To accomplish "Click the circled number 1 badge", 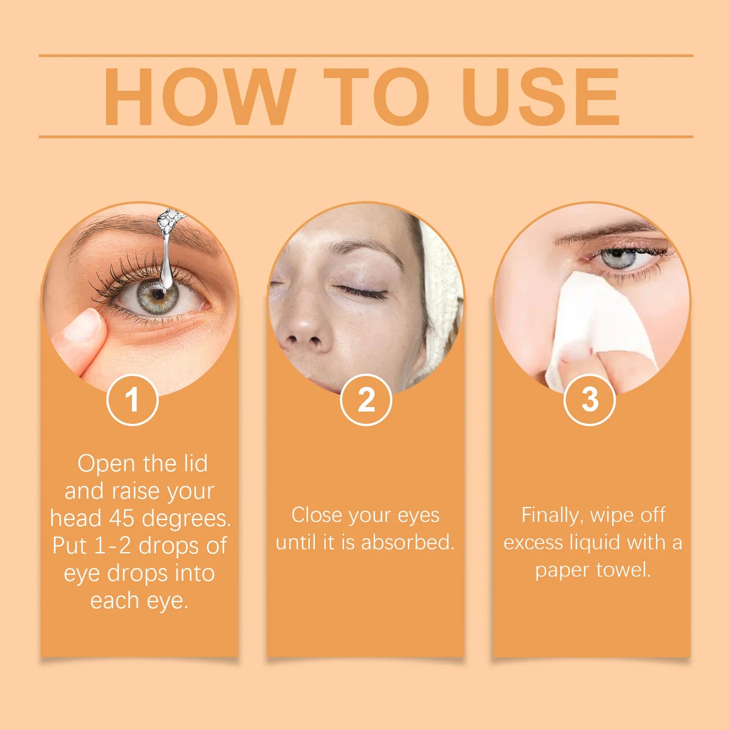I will (132, 400).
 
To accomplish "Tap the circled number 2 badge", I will (366, 400).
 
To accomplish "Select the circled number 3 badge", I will (589, 400).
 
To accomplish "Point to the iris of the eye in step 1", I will (157, 296).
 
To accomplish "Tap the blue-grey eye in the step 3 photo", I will (619, 259).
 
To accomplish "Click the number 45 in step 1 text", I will (123, 518).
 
